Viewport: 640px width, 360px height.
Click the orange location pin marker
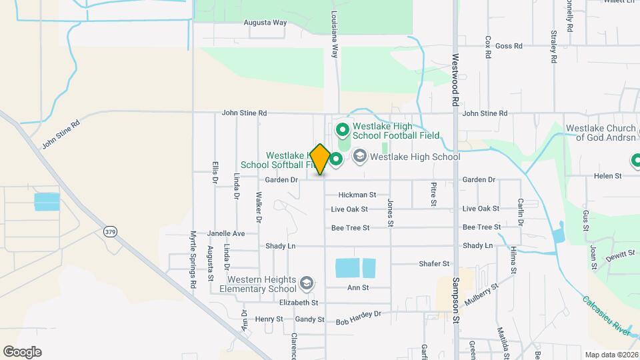[320, 159]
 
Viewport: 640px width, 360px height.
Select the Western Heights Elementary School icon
[307, 283]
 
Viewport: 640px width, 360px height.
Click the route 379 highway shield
[110, 231]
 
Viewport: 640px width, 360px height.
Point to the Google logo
[22, 351]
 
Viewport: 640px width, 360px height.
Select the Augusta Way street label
[265, 22]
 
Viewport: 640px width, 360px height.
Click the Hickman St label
[357, 195]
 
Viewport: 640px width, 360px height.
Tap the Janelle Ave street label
[226, 233]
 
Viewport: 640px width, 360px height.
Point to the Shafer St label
[434, 264]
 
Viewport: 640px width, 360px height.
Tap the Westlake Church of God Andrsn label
[603, 133]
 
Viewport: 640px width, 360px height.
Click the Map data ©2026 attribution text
[611, 354]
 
